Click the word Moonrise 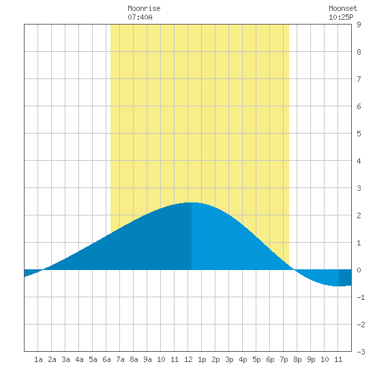tap(144, 8)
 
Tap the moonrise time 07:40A tap(140, 17)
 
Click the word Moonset tap(343, 8)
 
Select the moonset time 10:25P tap(341, 17)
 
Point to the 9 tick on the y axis tap(359, 25)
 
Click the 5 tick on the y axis tap(359, 134)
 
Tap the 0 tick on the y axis tap(359, 270)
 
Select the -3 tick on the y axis tap(361, 352)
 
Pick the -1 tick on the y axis tap(361, 297)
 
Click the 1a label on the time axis tap(38, 359)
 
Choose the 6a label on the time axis tap(106, 359)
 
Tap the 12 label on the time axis tap(188, 359)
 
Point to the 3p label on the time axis tap(229, 359)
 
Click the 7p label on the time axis tap(284, 359)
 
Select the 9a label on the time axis tap(147, 359)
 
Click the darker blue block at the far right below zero tap(345, 277)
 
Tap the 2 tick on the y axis tap(359, 215)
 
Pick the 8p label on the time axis tap(297, 359)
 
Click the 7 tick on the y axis tap(359, 79)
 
